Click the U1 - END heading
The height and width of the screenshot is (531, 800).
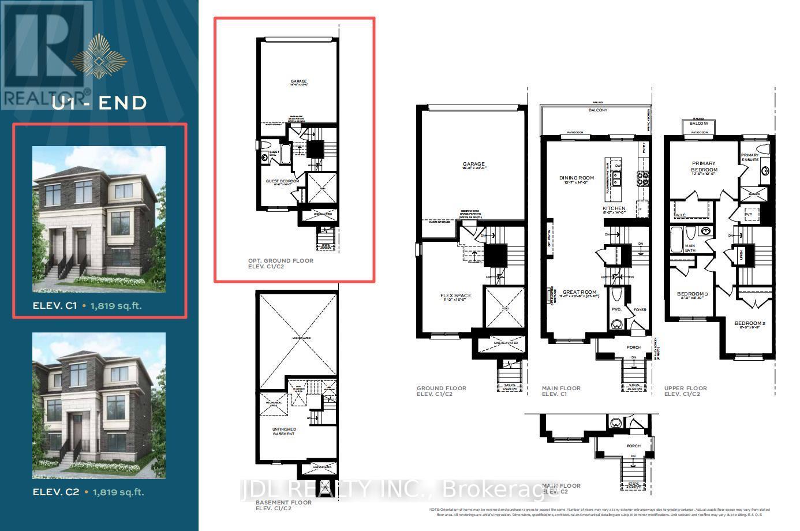click(99, 103)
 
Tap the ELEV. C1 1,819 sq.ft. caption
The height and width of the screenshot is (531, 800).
click(87, 306)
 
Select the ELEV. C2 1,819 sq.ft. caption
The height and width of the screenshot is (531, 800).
click(88, 492)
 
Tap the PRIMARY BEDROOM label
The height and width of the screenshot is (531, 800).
click(704, 166)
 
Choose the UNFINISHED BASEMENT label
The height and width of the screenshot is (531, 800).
click(283, 431)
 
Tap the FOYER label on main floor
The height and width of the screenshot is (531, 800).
click(640, 309)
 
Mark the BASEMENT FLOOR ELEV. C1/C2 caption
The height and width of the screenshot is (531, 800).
click(283, 505)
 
